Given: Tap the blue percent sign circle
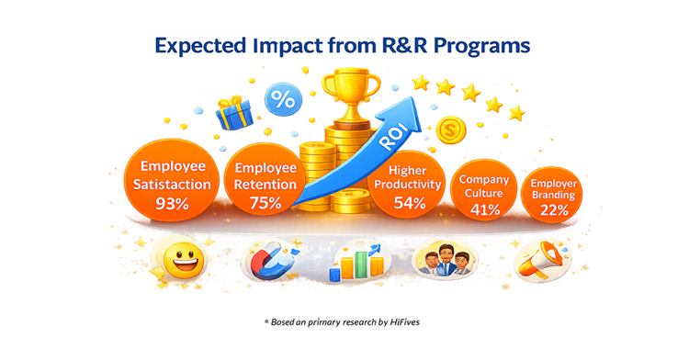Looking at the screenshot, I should (x=282, y=100).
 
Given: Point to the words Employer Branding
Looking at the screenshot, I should (x=554, y=188).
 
